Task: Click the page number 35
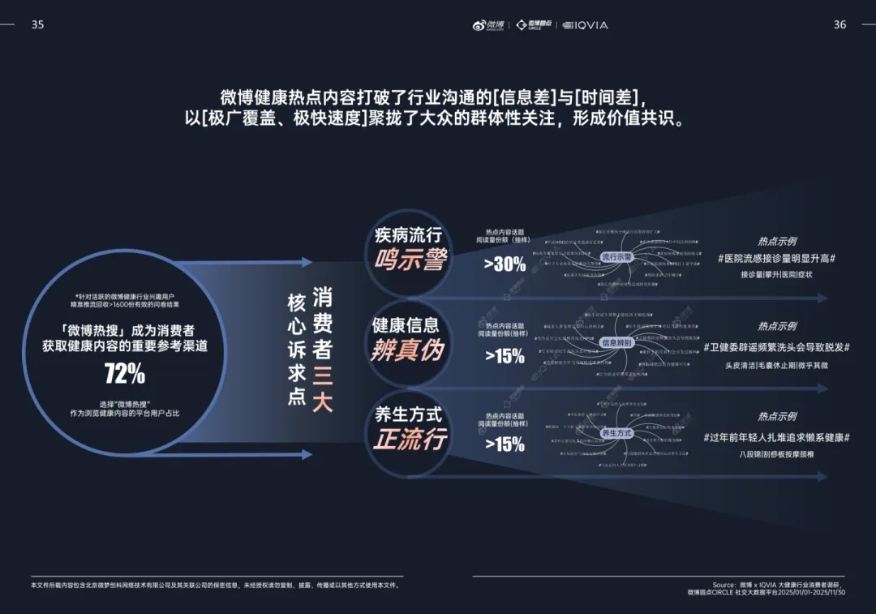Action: click(x=37, y=24)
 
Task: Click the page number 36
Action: click(x=839, y=24)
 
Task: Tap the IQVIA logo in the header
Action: click(x=586, y=25)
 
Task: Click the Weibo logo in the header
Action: click(x=489, y=25)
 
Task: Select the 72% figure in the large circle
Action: click(x=125, y=373)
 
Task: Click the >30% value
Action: click(x=505, y=264)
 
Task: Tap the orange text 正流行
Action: click(x=410, y=439)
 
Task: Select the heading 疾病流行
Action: click(x=408, y=235)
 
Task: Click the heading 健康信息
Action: click(x=406, y=325)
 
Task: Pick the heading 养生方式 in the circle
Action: click(x=408, y=414)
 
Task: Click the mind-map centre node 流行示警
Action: click(x=616, y=257)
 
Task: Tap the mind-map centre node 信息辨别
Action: click(x=616, y=343)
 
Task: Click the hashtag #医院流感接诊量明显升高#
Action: click(x=776, y=258)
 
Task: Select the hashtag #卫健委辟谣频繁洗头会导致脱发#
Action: click(x=776, y=347)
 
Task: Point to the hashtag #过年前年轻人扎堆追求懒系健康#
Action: click(x=776, y=437)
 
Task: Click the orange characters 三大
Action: click(x=323, y=389)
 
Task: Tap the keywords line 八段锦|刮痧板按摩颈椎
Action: click(x=776, y=454)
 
